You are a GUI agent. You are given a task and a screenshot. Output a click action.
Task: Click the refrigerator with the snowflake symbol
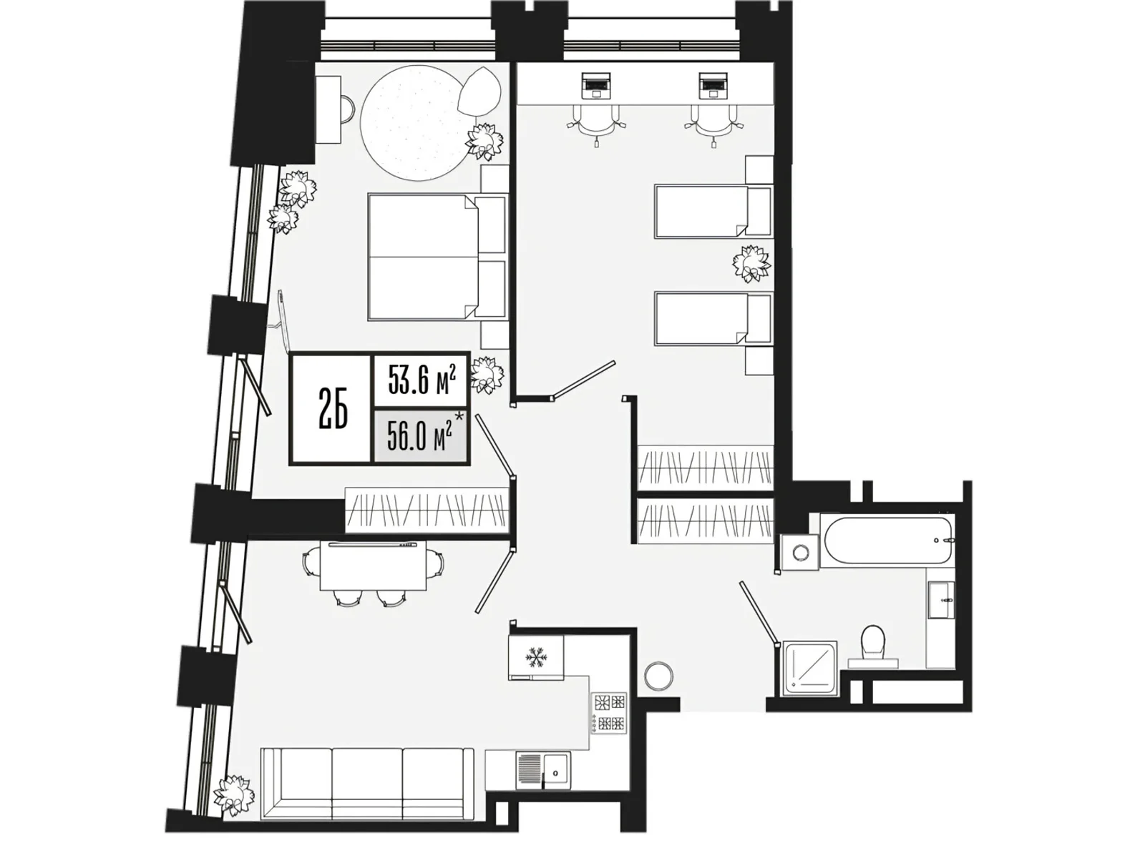[536, 657]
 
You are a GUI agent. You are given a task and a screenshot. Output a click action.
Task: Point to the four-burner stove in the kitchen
[609, 713]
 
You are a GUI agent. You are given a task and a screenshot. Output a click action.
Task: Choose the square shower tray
[811, 669]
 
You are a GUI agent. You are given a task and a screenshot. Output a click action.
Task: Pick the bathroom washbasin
[942, 600]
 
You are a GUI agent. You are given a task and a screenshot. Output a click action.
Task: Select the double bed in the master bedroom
[438, 256]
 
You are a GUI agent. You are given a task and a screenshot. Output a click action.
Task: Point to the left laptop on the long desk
[596, 85]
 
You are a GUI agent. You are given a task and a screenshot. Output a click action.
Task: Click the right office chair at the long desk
[713, 125]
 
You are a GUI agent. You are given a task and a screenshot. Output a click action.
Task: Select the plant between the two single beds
[751, 264]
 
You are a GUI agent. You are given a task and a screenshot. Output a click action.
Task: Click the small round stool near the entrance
[659, 676]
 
